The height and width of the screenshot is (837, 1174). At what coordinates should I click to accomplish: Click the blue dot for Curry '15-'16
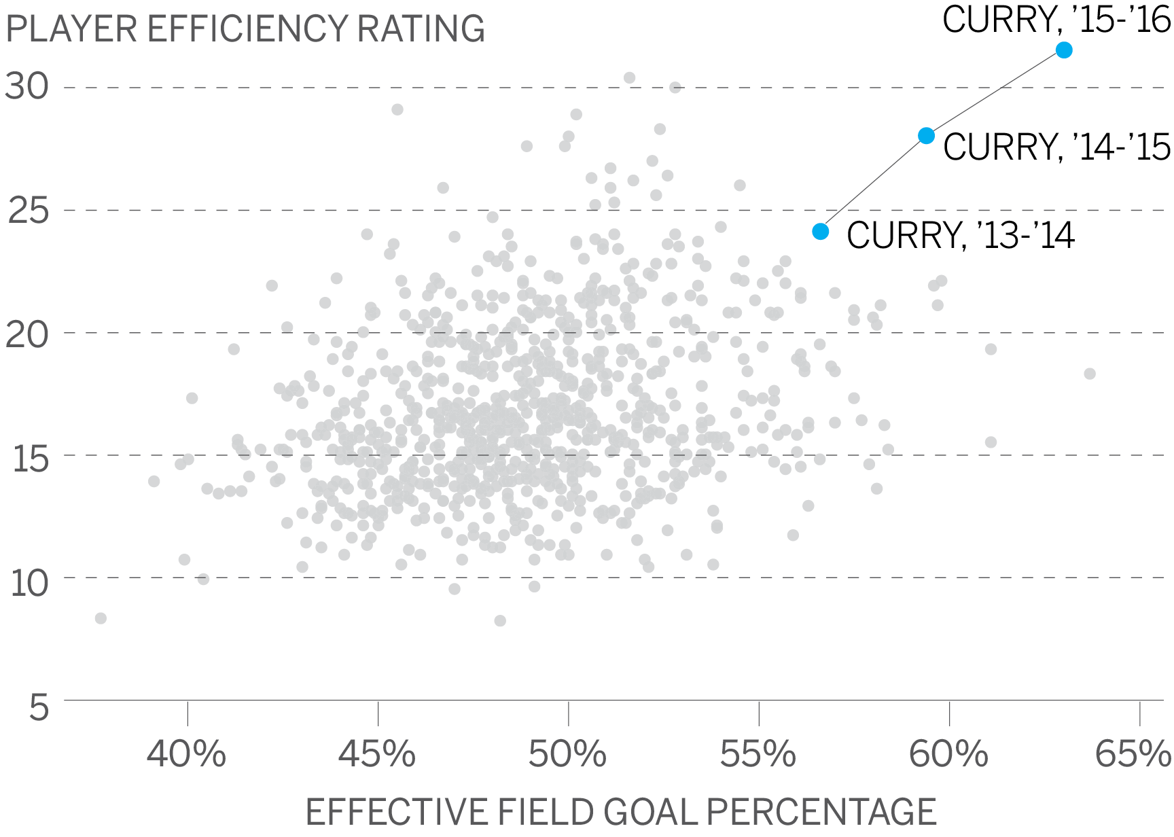[x=1064, y=50]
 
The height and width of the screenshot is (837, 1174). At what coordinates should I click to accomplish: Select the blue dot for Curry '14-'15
[x=926, y=136]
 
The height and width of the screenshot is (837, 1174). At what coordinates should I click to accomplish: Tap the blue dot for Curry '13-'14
[x=821, y=232]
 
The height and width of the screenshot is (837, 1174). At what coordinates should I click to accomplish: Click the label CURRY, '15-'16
[x=1056, y=20]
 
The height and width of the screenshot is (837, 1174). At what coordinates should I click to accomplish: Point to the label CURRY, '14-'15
[x=1056, y=147]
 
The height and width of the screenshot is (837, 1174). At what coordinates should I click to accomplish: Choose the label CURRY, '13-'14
[x=960, y=236]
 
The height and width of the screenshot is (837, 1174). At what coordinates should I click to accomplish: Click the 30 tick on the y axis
[x=27, y=87]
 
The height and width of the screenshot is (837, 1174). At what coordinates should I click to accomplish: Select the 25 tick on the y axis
[x=29, y=211]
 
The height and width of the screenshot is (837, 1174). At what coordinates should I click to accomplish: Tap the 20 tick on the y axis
[x=27, y=334]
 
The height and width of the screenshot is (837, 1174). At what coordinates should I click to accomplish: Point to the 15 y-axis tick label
[x=30, y=459]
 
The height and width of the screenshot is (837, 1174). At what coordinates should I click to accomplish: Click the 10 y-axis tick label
[x=29, y=584]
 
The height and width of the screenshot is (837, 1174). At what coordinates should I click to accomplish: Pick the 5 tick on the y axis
[x=39, y=708]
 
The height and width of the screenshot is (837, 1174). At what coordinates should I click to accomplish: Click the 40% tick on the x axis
[x=186, y=754]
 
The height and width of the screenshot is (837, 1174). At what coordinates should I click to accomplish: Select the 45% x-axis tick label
[x=377, y=754]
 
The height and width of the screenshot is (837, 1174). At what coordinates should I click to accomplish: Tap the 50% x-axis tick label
[x=567, y=754]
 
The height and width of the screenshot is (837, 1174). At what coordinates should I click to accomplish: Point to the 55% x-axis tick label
[x=758, y=754]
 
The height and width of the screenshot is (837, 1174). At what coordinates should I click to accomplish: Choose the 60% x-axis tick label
[x=948, y=754]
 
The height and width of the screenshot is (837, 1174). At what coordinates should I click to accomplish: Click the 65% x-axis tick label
[x=1133, y=754]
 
